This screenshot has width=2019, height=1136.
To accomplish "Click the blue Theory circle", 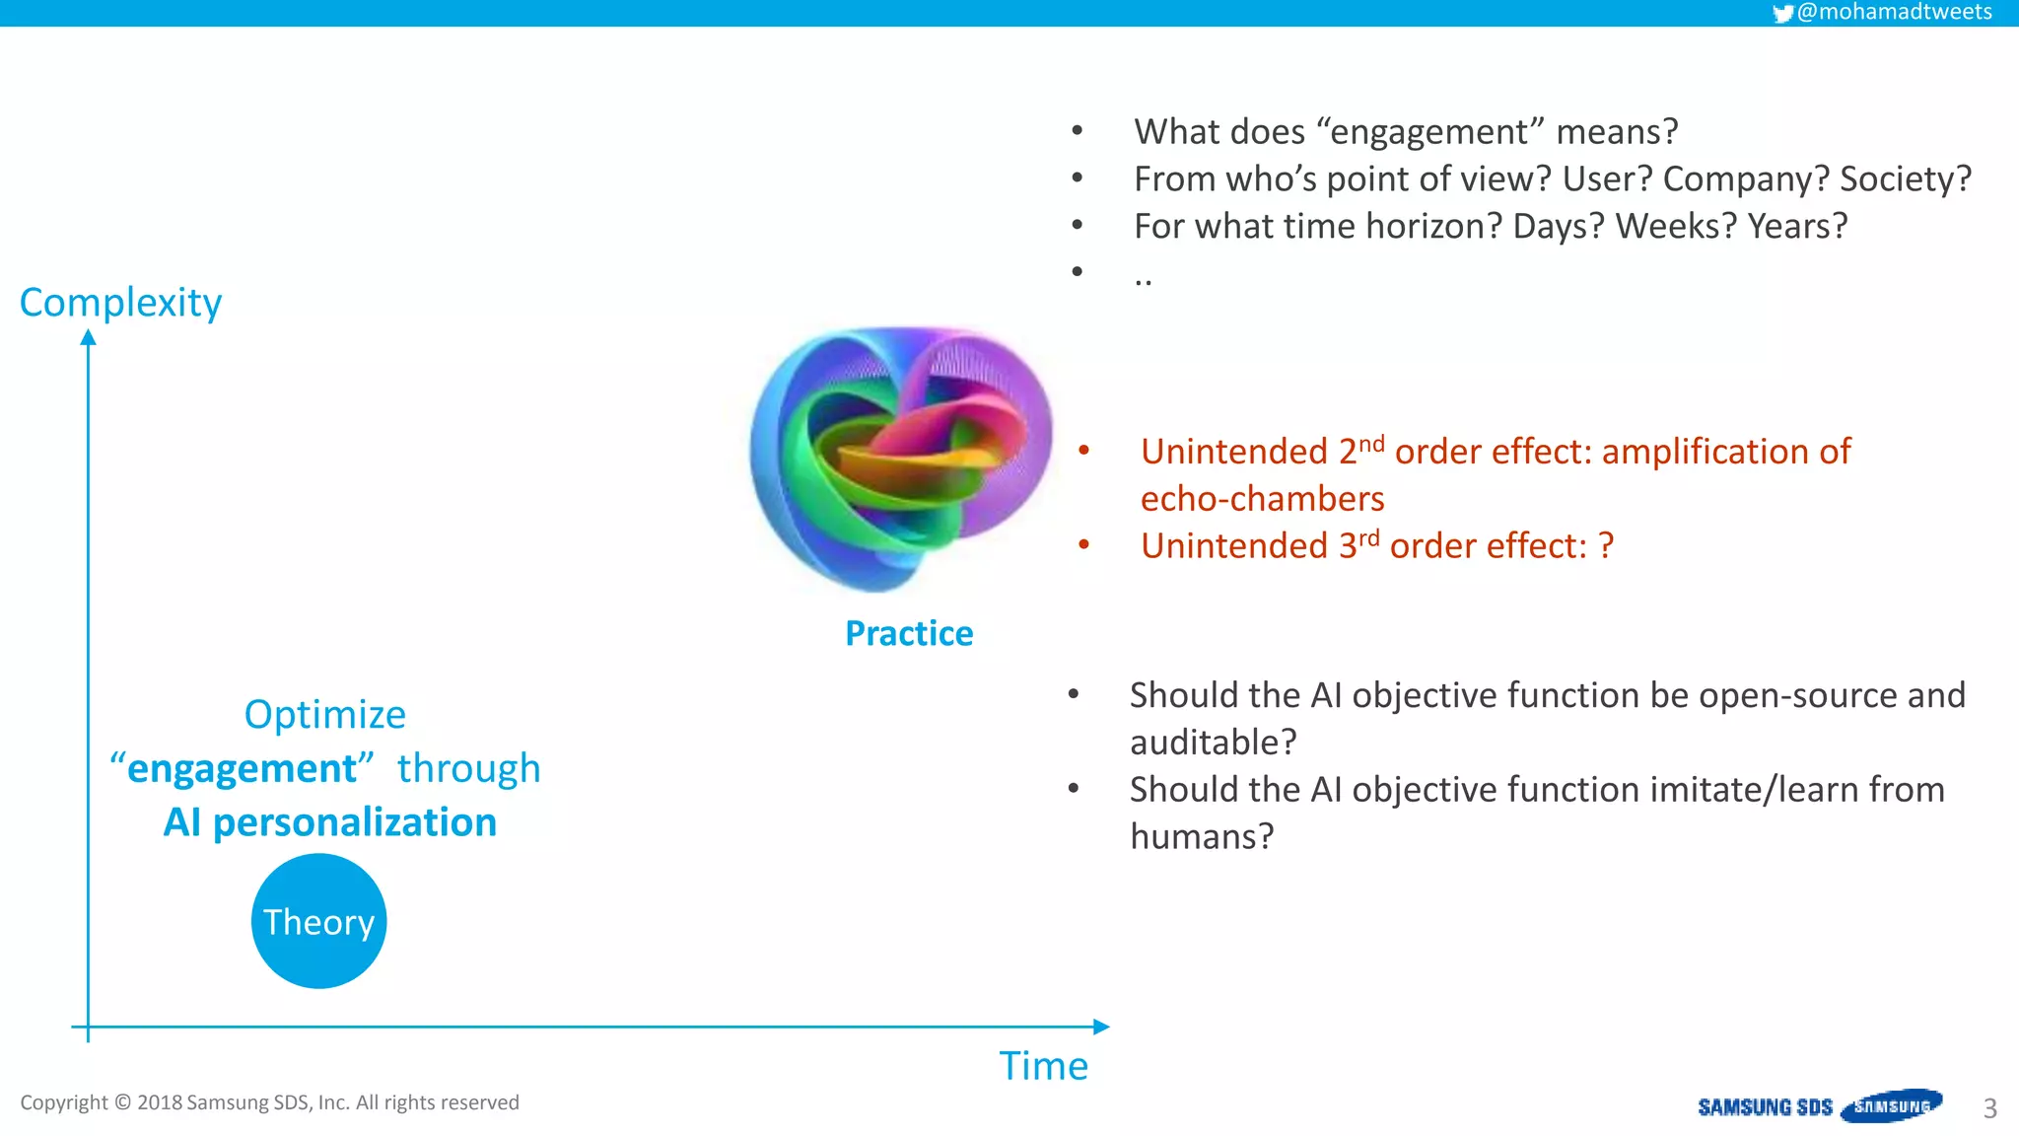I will [318, 921].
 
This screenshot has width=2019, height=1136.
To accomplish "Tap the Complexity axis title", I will [120, 302].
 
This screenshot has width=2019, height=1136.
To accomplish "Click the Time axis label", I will [1043, 1066].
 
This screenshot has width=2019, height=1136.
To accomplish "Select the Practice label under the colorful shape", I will [909, 633].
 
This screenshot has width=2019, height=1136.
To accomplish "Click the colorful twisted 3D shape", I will [899, 459].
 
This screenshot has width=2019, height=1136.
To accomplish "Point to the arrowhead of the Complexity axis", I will [89, 338].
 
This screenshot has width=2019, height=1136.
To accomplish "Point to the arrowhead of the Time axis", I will [1101, 1027].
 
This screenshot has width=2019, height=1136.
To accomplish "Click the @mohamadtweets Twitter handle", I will [1894, 12].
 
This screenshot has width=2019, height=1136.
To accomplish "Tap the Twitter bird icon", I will [1782, 13].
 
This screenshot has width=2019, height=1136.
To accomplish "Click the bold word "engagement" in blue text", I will [243, 768].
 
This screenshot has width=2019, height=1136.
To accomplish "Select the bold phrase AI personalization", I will [330, 822].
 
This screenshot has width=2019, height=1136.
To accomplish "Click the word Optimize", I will [324, 714].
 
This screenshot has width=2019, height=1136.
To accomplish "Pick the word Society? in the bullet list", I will [1905, 178].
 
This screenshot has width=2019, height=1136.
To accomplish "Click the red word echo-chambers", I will [1262, 499].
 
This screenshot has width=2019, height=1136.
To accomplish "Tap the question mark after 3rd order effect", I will [1606, 545].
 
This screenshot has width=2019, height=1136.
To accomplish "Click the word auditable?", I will [1213, 743].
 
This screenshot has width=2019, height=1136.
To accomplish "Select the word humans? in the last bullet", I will [1202, 837].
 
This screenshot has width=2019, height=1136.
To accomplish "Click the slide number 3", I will [1989, 1108].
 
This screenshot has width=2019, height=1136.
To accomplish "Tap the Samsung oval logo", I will [1891, 1105].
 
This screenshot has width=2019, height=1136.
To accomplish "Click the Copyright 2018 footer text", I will [269, 1102].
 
